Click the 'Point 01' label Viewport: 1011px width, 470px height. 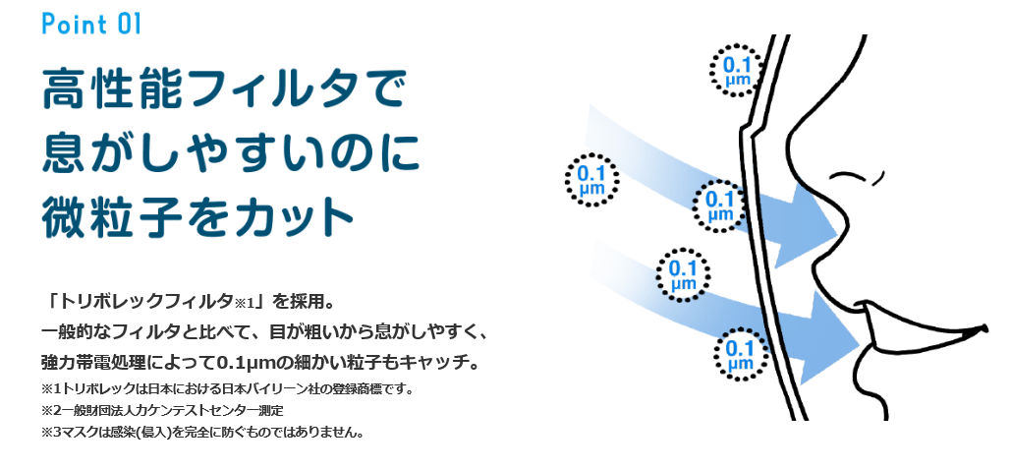coord(91,24)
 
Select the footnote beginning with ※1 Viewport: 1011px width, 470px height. coord(226,388)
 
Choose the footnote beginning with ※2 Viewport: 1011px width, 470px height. coord(161,410)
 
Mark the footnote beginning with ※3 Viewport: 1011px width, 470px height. coord(202,432)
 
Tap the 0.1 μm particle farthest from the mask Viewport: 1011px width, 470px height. coord(591,178)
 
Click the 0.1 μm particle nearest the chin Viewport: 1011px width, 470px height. coord(739,350)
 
